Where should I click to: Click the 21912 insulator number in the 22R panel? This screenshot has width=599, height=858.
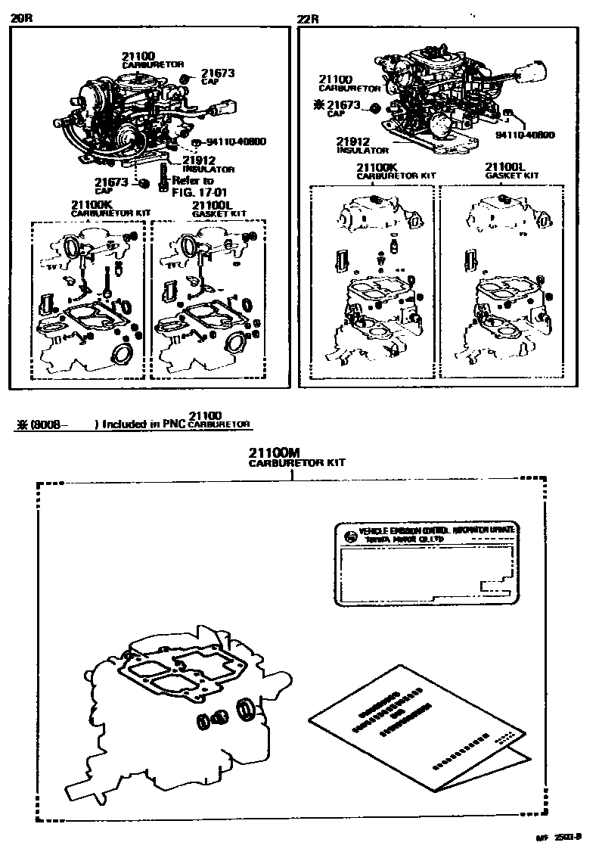[x=352, y=141]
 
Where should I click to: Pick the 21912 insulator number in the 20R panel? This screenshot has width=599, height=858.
[x=199, y=160]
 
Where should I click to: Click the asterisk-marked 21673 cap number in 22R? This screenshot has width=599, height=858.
[x=347, y=105]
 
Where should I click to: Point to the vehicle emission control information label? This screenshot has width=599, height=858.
[x=427, y=564]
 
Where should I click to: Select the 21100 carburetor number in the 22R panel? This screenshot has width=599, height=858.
[x=335, y=79]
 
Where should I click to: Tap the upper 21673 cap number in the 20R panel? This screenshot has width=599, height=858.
[x=218, y=73]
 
